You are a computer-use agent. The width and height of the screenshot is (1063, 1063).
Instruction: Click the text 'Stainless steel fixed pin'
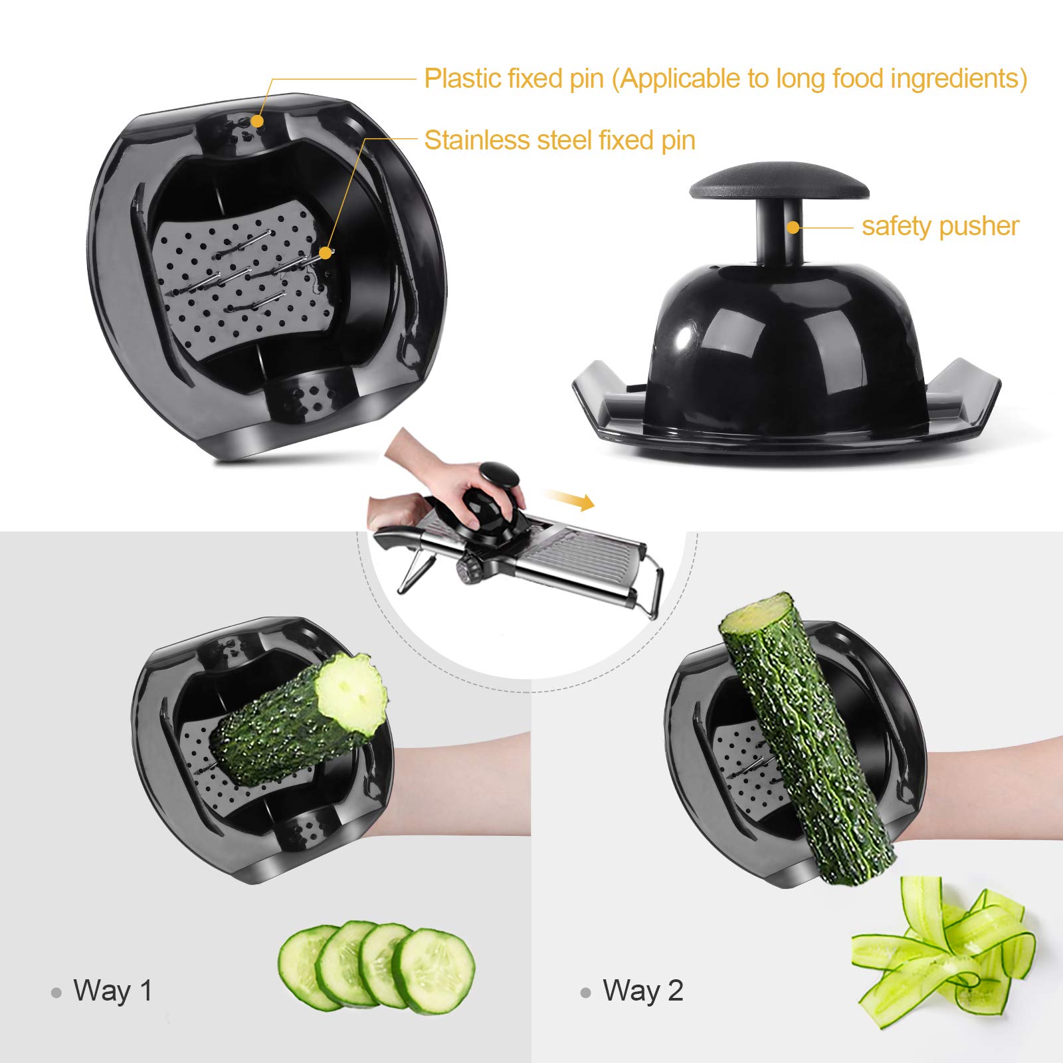(559, 140)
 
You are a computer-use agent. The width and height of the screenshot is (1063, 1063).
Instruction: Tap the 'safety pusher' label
(939, 227)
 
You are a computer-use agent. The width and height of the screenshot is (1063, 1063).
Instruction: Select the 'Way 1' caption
(113, 991)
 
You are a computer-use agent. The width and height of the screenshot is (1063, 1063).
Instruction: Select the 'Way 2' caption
(642, 991)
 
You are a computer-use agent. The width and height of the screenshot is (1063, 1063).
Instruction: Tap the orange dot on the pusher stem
(793, 227)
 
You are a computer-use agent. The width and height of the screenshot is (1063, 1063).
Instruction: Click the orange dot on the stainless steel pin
(325, 252)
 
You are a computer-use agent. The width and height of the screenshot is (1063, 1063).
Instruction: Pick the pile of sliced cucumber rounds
(376, 966)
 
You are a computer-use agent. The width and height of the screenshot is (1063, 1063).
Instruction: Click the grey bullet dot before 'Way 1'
(56, 993)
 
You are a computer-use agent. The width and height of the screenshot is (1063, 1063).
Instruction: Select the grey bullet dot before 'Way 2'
(585, 993)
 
